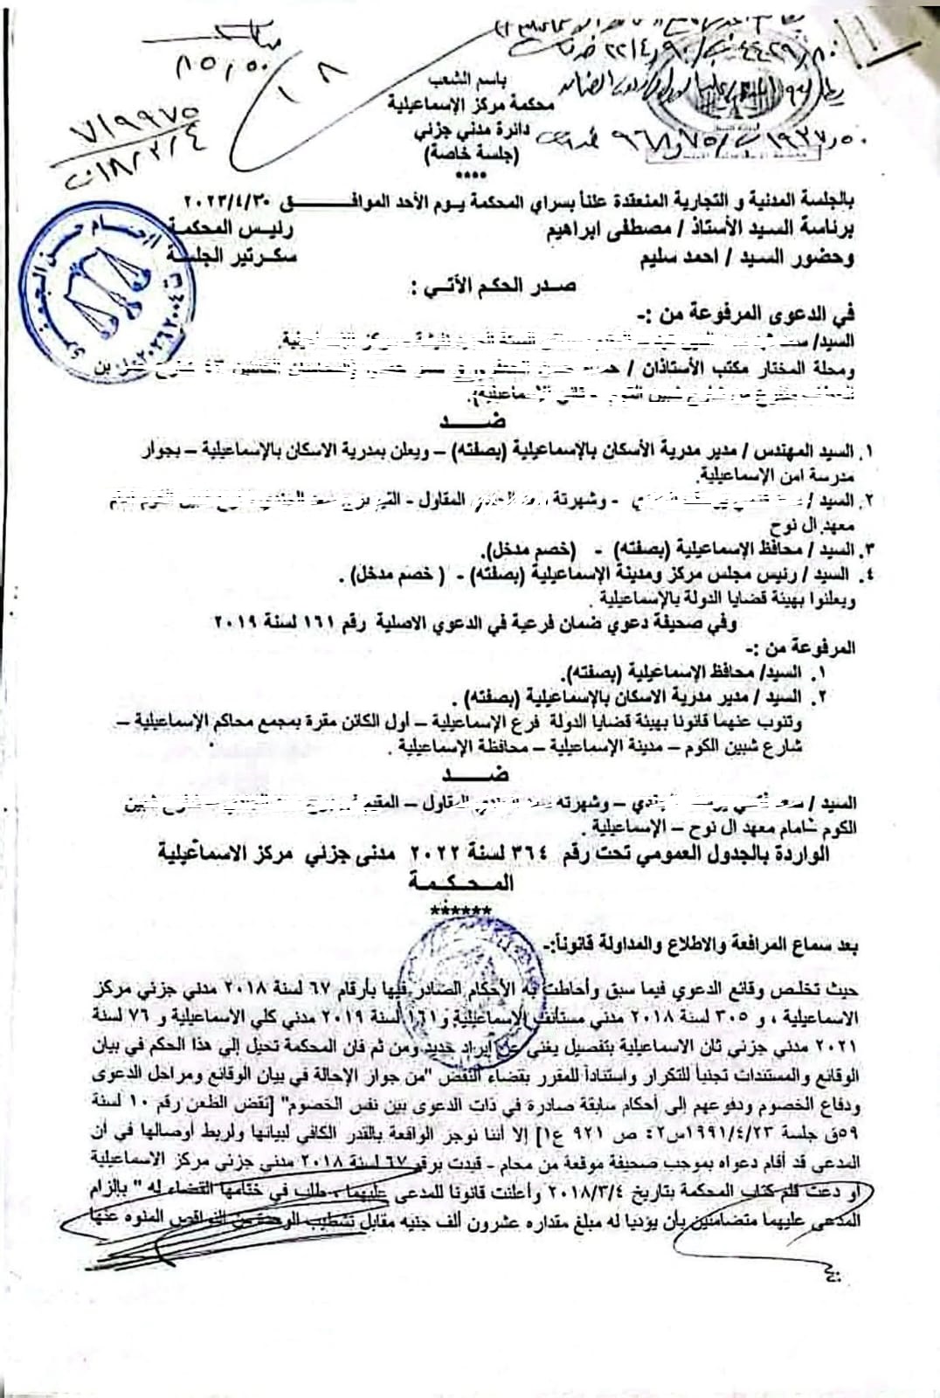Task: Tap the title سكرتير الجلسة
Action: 229,258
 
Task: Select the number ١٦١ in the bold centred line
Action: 335,623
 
